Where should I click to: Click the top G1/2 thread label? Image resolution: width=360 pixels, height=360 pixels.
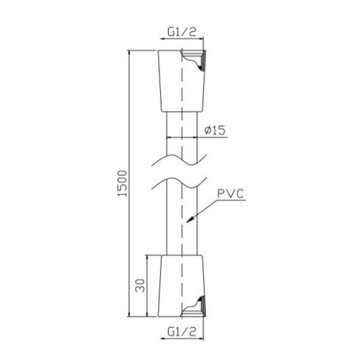coord(182,32)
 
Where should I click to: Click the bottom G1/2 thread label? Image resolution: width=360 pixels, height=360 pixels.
coord(182,332)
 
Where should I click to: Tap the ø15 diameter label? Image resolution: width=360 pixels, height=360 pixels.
coord(215,130)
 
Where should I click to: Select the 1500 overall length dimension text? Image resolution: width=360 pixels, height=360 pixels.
coord(122,183)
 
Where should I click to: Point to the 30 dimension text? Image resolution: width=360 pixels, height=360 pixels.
coord(140,286)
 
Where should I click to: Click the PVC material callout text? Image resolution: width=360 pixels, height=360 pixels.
coord(230,194)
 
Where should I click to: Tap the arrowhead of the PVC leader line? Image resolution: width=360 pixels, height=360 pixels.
coord(190,220)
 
